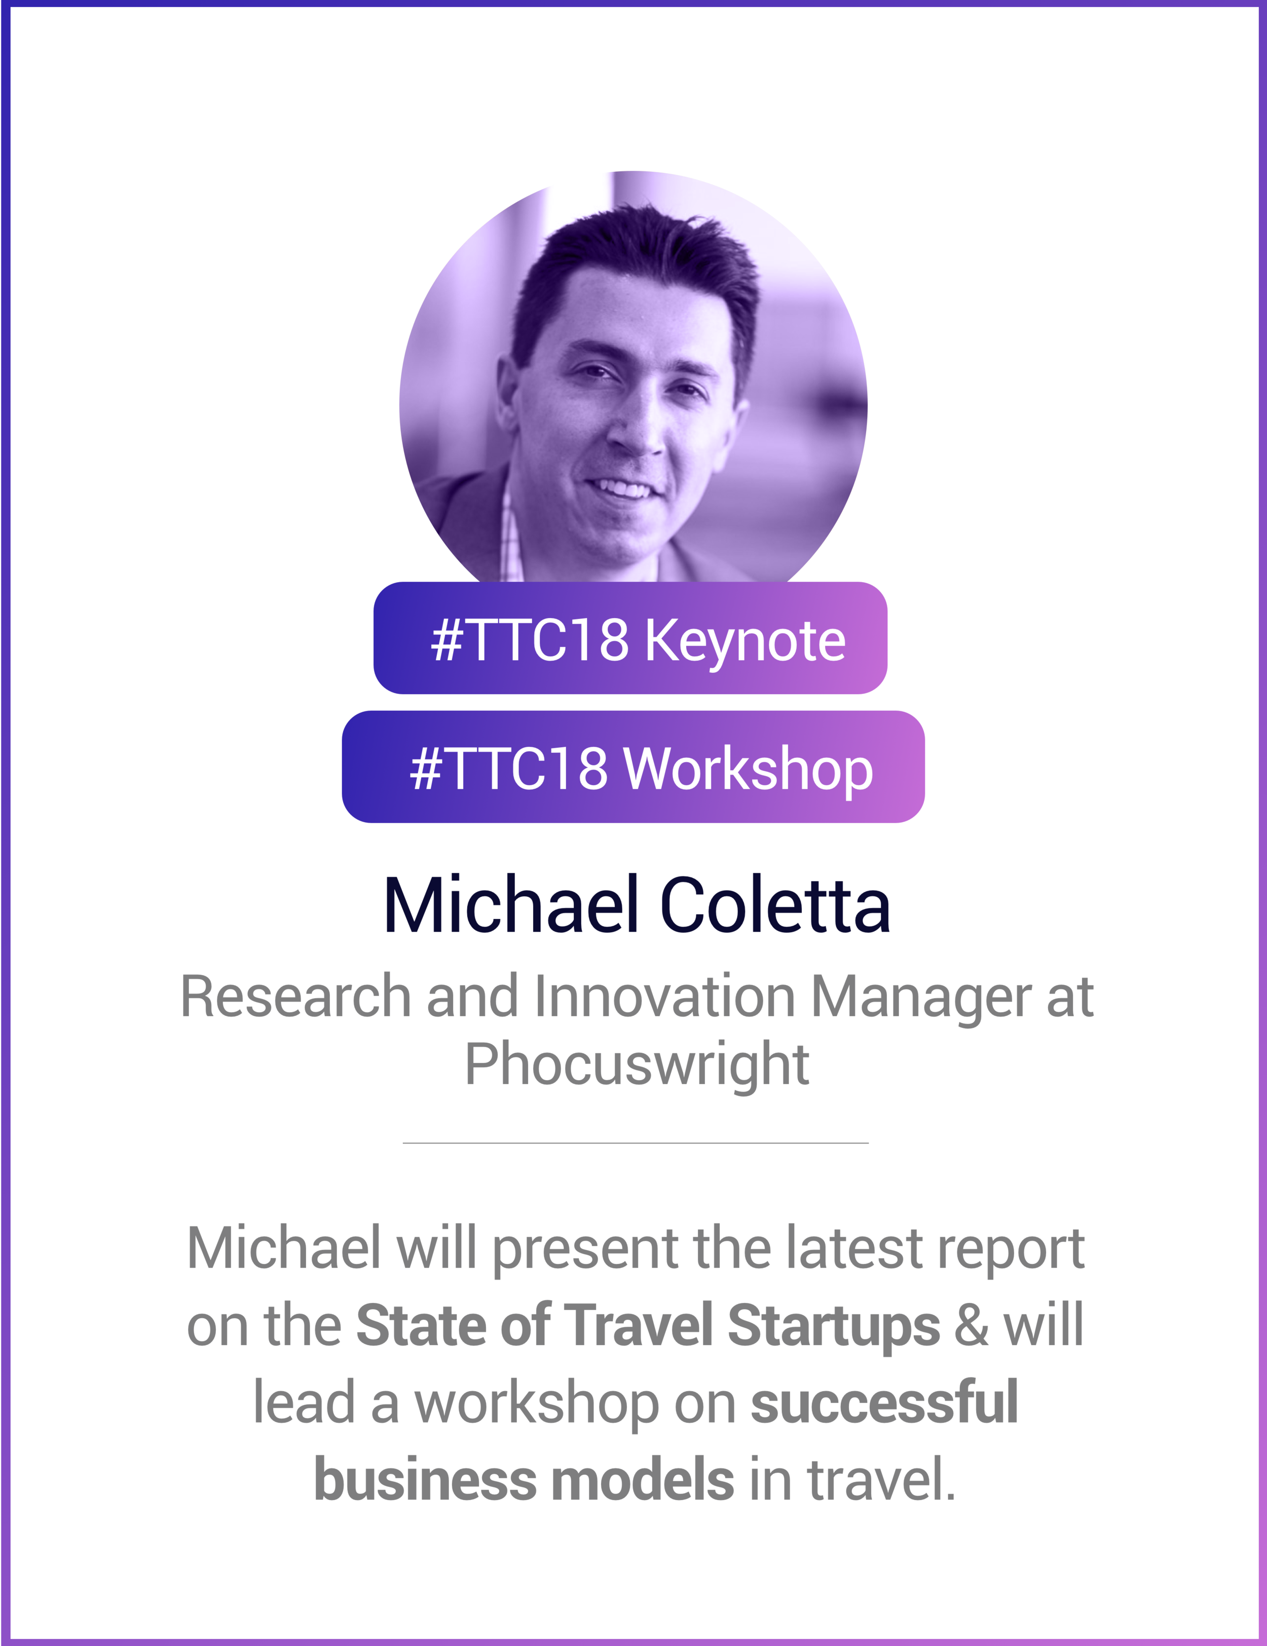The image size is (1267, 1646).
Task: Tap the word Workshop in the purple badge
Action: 749,770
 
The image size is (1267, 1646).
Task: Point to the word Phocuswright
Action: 637,1064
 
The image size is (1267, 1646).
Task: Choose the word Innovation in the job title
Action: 665,997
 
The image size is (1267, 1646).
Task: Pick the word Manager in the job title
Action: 920,997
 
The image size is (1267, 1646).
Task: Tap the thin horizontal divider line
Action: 636,1143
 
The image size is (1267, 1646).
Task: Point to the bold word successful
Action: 884,1402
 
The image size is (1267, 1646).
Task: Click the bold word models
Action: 643,1479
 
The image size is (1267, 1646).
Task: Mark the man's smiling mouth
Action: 622,488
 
